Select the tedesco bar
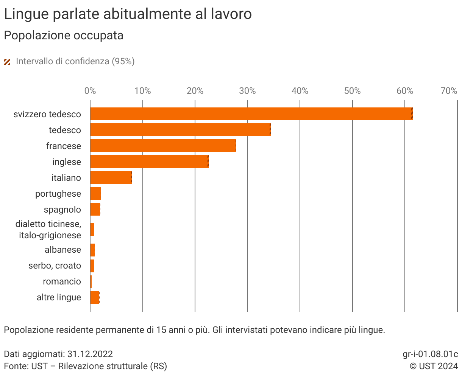click(180, 130)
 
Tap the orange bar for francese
click(163, 146)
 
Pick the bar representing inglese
click(149, 162)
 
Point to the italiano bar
click(111, 177)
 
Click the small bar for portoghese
click(95, 193)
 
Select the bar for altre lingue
click(95, 298)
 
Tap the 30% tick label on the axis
click(247, 91)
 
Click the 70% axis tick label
click(449, 91)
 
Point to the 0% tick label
click(90, 91)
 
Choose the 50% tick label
click(352, 91)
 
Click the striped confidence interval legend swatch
click(7, 62)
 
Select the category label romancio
click(62, 281)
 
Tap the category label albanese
click(63, 250)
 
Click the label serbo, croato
click(55, 266)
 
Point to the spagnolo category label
click(62, 210)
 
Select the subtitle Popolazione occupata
click(64, 36)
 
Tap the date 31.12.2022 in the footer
click(90, 354)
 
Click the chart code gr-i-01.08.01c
click(430, 354)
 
